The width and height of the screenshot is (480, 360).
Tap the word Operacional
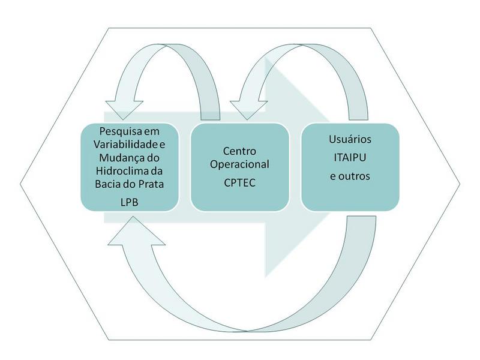point(240,164)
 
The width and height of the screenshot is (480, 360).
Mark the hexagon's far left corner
point(20,179)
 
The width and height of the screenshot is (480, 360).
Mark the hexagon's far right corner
point(461,179)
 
